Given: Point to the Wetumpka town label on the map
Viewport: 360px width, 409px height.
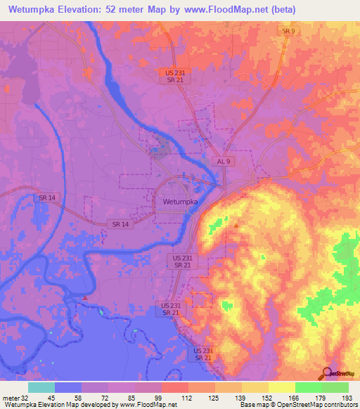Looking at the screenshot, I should [176, 201].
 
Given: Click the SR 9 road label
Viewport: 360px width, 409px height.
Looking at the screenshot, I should [288, 32].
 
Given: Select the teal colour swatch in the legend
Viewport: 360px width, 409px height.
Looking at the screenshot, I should [41, 387].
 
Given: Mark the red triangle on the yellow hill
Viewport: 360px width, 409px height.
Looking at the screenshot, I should [236, 226].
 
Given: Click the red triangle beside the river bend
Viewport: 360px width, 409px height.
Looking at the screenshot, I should [85, 298].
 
